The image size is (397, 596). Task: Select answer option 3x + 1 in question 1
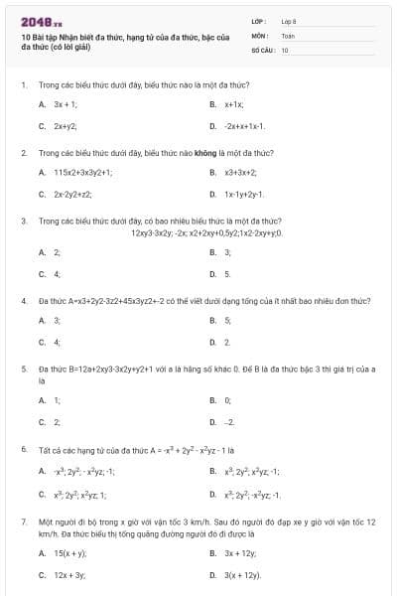(x=66, y=103)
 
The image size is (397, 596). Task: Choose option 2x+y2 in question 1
(x=66, y=126)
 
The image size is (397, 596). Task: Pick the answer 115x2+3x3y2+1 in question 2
(x=83, y=172)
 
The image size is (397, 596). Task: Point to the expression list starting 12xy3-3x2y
(x=206, y=232)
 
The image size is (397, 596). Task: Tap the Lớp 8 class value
(x=289, y=20)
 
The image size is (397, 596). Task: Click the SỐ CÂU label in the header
(x=262, y=49)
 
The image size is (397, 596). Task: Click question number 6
(x=23, y=448)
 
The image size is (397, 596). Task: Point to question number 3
(x=23, y=221)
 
